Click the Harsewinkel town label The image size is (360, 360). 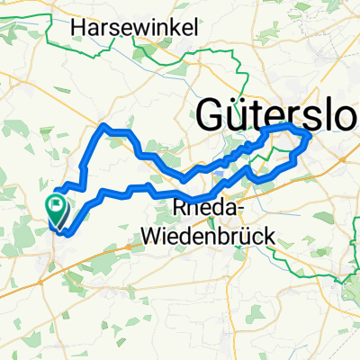pyautogui.click(x=134, y=29)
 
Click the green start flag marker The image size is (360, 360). pyautogui.click(x=58, y=210)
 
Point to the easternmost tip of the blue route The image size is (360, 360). pyautogui.click(x=310, y=138)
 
